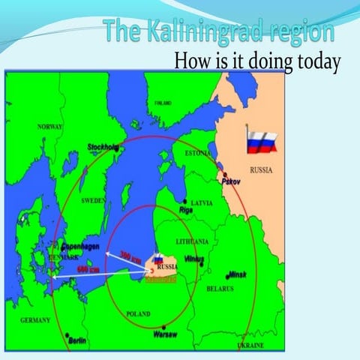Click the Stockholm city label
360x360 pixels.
[x=103, y=147]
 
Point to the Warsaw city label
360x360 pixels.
[x=164, y=334]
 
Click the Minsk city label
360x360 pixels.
[x=237, y=274]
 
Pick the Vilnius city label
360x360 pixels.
[x=193, y=259]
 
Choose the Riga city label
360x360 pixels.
[x=186, y=211]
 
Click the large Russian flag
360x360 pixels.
[x=262, y=141]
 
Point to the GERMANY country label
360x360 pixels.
[x=35, y=320]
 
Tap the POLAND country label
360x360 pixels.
[x=138, y=314]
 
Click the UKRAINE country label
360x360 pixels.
[x=250, y=346]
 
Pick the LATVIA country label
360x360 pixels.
[x=202, y=202]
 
